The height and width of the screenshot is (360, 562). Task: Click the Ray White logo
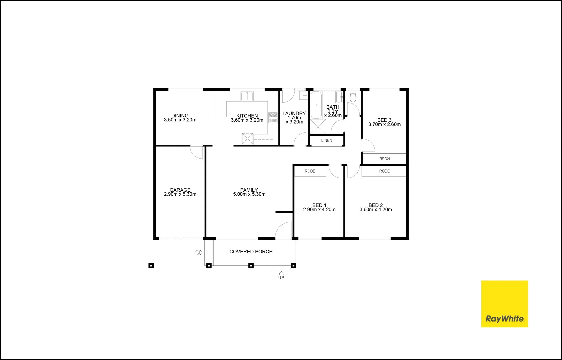(504, 304)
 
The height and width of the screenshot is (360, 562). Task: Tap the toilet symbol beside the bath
(353, 97)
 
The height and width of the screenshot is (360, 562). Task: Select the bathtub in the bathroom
(316, 105)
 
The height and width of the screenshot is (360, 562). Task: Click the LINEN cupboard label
(327, 140)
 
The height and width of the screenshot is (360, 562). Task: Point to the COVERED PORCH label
(251, 252)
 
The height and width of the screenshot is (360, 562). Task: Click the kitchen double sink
(247, 96)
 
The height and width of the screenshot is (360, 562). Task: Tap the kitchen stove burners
(273, 118)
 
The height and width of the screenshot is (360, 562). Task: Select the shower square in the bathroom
(318, 127)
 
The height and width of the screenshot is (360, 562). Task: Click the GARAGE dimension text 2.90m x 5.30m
(180, 194)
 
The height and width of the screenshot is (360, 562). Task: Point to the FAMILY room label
(249, 190)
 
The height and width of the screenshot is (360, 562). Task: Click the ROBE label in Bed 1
(310, 171)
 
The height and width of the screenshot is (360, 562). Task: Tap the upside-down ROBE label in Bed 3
(384, 159)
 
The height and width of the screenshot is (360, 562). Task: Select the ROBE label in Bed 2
(384, 171)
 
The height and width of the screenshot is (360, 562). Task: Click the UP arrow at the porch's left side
(201, 253)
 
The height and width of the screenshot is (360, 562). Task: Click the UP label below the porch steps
(281, 278)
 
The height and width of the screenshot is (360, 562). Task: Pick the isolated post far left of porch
(151, 266)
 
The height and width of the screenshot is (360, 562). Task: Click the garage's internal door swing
(197, 152)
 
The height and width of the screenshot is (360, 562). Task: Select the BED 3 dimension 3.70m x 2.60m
(384, 124)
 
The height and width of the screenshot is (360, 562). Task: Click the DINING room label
(180, 115)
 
